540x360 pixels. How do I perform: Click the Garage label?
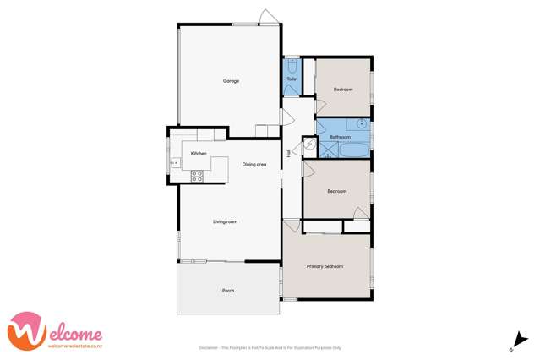pyautogui.click(x=231, y=81)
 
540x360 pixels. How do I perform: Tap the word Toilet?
pyautogui.click(x=292, y=79)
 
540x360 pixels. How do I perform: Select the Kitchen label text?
pyautogui.click(x=199, y=153)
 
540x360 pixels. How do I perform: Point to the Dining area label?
pyautogui.click(x=254, y=164)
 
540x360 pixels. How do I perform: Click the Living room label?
pyautogui.click(x=225, y=221)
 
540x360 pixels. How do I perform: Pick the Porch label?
pyautogui.click(x=228, y=290)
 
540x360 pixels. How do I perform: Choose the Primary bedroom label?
pyautogui.click(x=325, y=266)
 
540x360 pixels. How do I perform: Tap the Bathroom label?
pyautogui.click(x=340, y=136)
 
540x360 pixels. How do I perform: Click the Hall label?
pyautogui.click(x=289, y=153)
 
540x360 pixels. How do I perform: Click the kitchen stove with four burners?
pyautogui.click(x=197, y=176)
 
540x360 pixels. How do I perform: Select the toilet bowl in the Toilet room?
pyautogui.click(x=292, y=64)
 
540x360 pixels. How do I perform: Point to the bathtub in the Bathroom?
pyautogui.click(x=352, y=150)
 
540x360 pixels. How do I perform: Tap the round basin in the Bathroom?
pyautogui.click(x=361, y=124)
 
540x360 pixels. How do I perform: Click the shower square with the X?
pyautogui.click(x=325, y=150)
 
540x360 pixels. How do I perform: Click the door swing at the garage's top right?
pyautogui.click(x=267, y=18)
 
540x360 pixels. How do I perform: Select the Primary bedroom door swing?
pyautogui.click(x=292, y=226)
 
